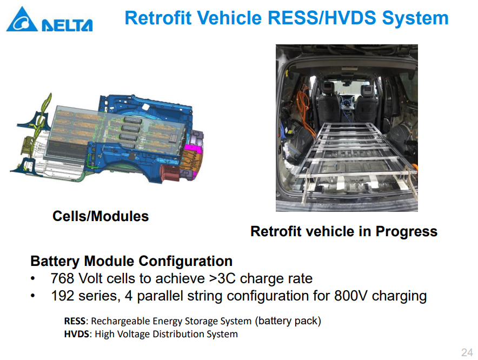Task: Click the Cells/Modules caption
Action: point(101,216)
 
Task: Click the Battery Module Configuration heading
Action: point(131,261)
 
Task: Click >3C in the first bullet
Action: point(223,278)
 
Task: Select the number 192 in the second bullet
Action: point(63,296)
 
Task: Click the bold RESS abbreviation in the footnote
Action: point(75,321)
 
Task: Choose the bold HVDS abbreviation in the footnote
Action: point(77,334)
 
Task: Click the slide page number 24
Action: point(467,352)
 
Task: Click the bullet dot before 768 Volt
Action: point(32,278)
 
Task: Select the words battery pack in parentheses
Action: point(288,321)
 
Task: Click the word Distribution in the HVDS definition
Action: point(178,334)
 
